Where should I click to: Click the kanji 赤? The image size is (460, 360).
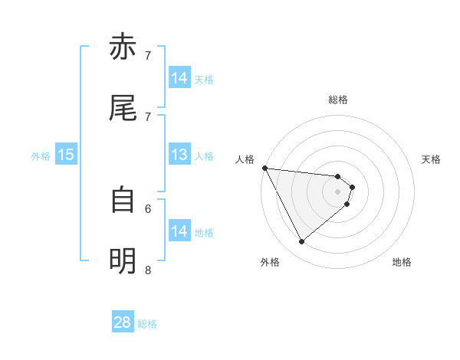(123, 47)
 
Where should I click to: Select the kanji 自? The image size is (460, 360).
(123, 200)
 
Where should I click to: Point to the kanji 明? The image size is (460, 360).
(123, 261)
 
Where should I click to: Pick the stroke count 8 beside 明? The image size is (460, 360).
(148, 270)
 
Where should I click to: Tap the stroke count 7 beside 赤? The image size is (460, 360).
(148, 55)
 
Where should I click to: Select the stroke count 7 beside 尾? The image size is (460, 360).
(148, 116)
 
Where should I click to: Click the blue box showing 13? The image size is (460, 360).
(179, 155)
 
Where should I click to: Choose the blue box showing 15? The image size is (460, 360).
(66, 155)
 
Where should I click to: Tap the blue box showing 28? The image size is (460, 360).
(123, 322)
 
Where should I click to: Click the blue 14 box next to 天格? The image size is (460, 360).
(179, 78)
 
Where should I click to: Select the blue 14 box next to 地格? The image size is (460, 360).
(179, 231)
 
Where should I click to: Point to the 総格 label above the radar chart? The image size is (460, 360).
(338, 100)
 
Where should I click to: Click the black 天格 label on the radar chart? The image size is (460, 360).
(432, 159)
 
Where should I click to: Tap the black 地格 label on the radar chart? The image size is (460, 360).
(402, 262)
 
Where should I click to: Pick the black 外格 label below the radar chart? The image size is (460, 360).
(270, 262)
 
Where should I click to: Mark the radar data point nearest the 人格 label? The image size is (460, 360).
(264, 168)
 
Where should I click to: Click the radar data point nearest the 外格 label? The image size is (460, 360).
(301, 242)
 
